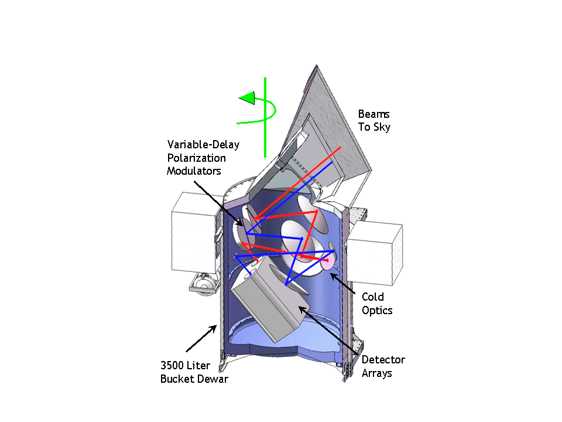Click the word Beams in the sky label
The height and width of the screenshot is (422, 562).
click(x=373, y=114)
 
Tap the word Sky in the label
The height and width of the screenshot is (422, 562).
click(x=382, y=127)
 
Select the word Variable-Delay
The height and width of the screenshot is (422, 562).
click(x=203, y=144)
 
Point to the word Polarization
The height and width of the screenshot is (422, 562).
click(x=196, y=158)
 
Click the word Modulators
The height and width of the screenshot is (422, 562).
click(x=194, y=171)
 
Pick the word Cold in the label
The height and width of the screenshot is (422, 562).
click(x=372, y=297)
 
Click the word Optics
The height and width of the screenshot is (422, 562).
click(x=377, y=310)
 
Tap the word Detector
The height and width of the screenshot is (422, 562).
click(x=383, y=359)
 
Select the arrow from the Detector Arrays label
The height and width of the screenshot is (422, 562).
click(x=327, y=329)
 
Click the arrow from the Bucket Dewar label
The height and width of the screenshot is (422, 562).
click(x=202, y=340)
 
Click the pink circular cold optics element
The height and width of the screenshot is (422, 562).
click(x=327, y=261)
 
